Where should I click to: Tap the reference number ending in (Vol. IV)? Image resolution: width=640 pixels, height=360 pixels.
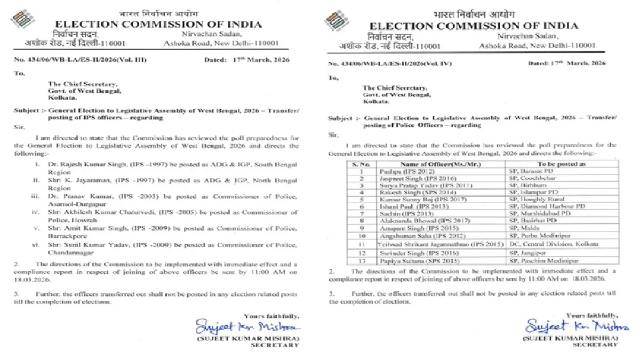click(x=397, y=63)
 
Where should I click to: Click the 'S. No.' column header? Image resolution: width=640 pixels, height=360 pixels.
click(x=356, y=164)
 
